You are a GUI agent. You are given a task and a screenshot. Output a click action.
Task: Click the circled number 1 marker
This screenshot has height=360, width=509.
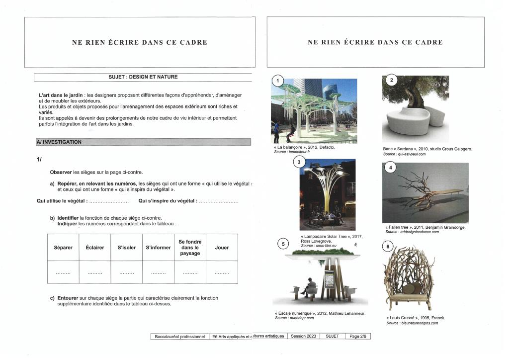point(278,81)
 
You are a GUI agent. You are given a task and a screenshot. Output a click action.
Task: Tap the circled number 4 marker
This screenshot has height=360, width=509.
point(391,168)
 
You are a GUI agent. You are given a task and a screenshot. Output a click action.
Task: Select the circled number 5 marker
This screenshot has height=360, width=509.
point(283,244)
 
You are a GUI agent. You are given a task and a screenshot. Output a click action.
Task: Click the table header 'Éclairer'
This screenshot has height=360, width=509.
point(95,248)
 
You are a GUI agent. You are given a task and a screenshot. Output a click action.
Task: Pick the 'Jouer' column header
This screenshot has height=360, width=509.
point(222,248)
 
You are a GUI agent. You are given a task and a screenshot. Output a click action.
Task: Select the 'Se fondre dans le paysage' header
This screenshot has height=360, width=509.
point(190,248)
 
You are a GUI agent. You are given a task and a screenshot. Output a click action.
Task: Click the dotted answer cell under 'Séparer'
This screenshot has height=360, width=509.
point(63,273)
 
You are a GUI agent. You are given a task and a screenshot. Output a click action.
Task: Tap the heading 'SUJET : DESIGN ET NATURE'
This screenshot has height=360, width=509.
point(143,77)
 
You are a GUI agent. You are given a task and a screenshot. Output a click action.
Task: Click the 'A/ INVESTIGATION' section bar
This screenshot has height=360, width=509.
point(143,142)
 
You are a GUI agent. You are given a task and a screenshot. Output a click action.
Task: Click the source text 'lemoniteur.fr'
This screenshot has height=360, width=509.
point(298,152)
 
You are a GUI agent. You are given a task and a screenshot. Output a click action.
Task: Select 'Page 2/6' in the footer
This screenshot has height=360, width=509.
point(357,337)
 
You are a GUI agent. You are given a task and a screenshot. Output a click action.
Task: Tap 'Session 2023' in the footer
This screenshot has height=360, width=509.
point(303,337)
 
